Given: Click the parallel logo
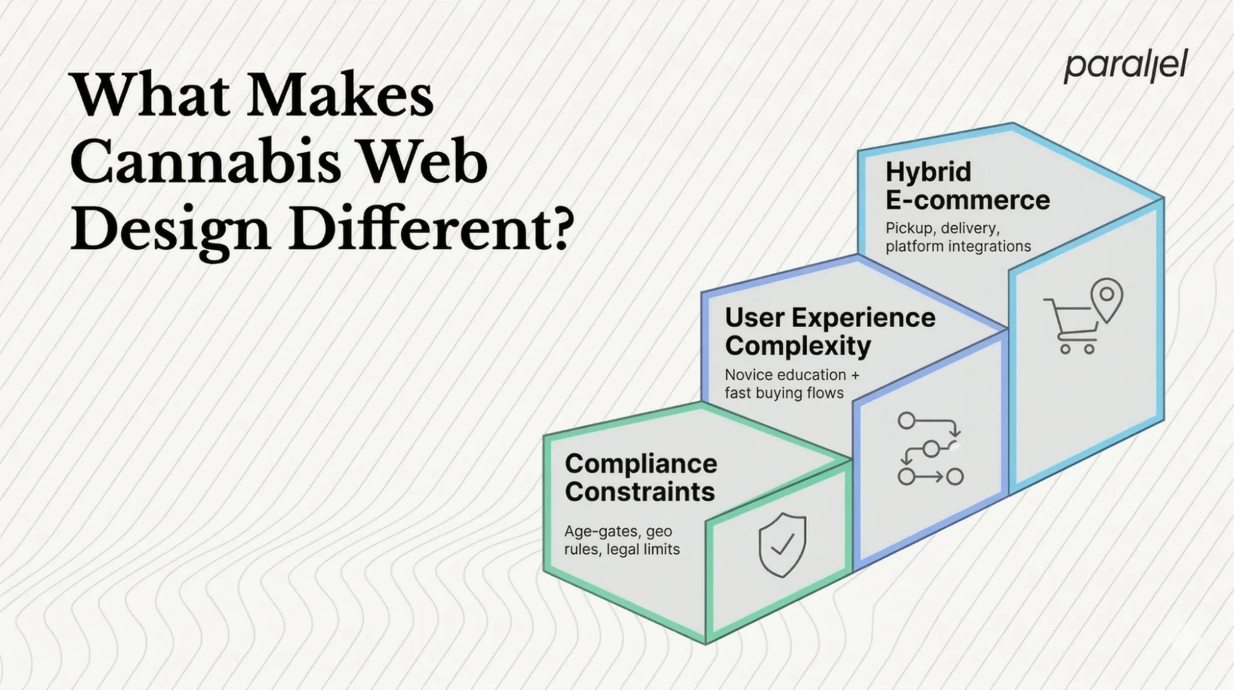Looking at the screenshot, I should click(x=1125, y=66).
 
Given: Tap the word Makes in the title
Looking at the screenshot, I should click(x=340, y=96).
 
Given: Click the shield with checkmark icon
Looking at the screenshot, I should click(x=782, y=545).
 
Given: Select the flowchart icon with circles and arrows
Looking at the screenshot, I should click(x=930, y=448).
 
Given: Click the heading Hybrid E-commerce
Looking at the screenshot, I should click(x=967, y=186).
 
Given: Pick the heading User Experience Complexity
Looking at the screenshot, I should click(x=830, y=332).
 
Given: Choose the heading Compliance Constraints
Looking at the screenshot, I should click(x=641, y=478).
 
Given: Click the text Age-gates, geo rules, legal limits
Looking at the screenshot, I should click(x=622, y=540).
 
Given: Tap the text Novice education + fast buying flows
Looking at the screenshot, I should click(x=791, y=384).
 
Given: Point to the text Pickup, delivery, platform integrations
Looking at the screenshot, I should click(x=957, y=237).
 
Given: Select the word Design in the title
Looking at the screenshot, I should click(x=170, y=230).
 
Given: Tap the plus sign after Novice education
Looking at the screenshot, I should click(x=854, y=375).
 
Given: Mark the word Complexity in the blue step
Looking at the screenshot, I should click(x=798, y=346).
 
